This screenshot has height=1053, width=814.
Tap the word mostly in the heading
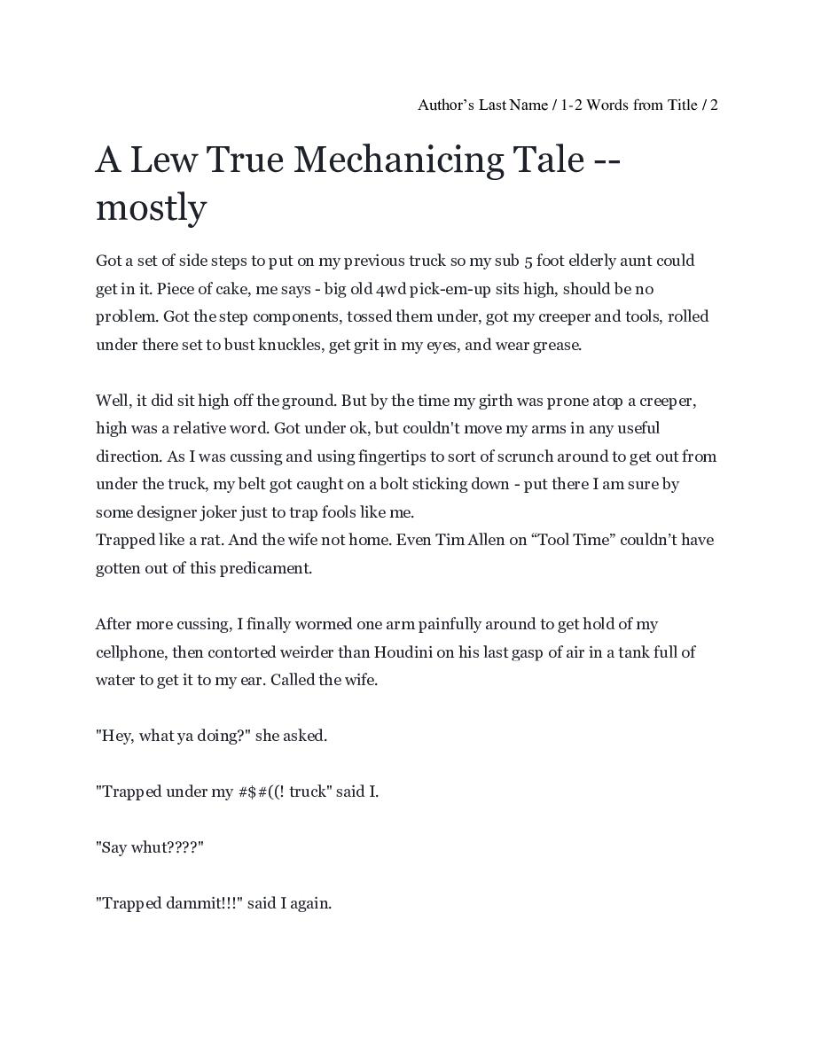[x=151, y=208]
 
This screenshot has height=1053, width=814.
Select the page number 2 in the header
[x=714, y=105]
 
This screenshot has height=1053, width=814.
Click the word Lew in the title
[x=163, y=160]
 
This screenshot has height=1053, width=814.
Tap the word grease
[x=557, y=345]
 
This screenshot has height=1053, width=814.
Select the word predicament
[x=263, y=568]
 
